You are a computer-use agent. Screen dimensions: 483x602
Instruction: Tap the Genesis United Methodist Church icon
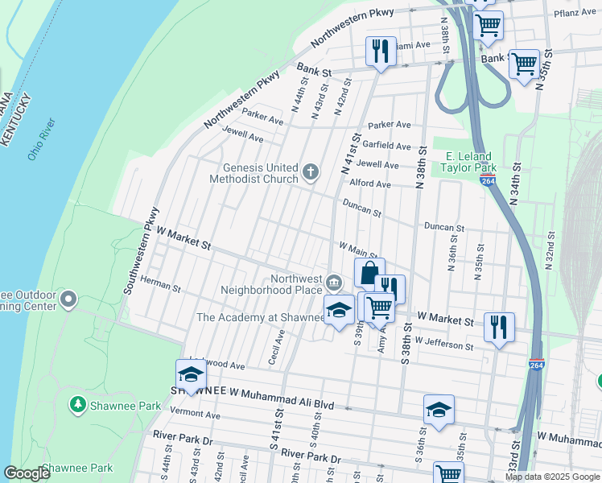311,172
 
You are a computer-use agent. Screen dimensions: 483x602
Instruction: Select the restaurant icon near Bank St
378,51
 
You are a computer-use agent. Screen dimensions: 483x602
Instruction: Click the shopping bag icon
369,273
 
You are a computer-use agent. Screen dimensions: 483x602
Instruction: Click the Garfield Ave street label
386,146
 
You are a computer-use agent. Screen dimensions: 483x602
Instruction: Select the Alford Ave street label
369,184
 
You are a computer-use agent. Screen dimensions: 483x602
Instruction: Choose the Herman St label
159,282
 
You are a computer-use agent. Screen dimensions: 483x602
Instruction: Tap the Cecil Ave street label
278,346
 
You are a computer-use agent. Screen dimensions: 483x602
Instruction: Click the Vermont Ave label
196,415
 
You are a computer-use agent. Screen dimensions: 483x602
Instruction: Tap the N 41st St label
347,157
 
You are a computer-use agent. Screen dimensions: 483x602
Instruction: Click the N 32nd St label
550,249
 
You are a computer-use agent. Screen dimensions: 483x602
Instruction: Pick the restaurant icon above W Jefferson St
499,326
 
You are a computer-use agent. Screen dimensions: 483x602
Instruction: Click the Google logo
27,473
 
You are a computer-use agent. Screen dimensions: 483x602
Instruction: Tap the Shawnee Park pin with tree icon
77,404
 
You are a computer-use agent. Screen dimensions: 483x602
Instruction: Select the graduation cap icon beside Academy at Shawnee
339,310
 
